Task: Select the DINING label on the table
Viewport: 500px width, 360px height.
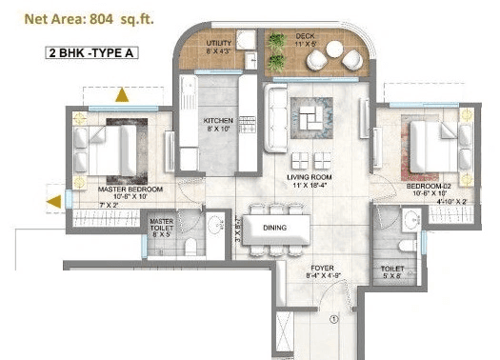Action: [x=275, y=228]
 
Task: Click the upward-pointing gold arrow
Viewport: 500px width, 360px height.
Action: [x=122, y=94]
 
